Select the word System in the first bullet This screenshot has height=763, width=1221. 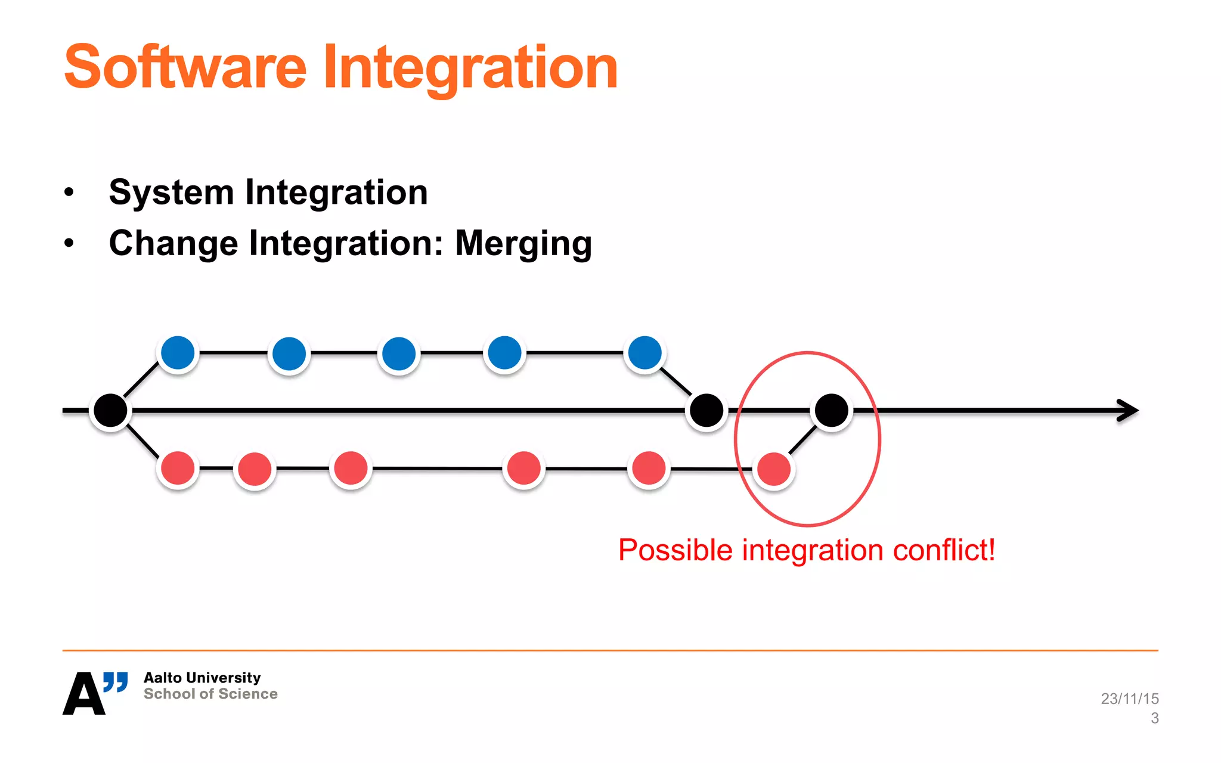pos(171,193)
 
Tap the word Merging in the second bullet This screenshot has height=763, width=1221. pos(523,244)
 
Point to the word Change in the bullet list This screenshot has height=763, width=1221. pos(173,244)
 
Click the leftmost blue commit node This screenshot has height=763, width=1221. pos(178,353)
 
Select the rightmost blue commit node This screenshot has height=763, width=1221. pos(644,353)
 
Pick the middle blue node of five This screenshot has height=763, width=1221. pos(398,353)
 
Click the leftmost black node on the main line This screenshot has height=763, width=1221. pos(110,410)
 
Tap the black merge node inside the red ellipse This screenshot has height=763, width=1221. pos(831,410)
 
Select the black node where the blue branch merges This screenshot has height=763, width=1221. pos(706,410)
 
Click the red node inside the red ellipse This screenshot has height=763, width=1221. pos(774,469)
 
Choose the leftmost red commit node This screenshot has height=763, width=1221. pos(178,468)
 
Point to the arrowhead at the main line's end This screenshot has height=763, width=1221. pos(1129,410)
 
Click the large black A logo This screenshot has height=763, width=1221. pos(83,694)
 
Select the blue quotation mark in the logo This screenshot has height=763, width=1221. pos(116,681)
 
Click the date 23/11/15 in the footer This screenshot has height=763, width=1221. pos(1129,698)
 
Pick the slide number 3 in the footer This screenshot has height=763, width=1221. pos(1154,718)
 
